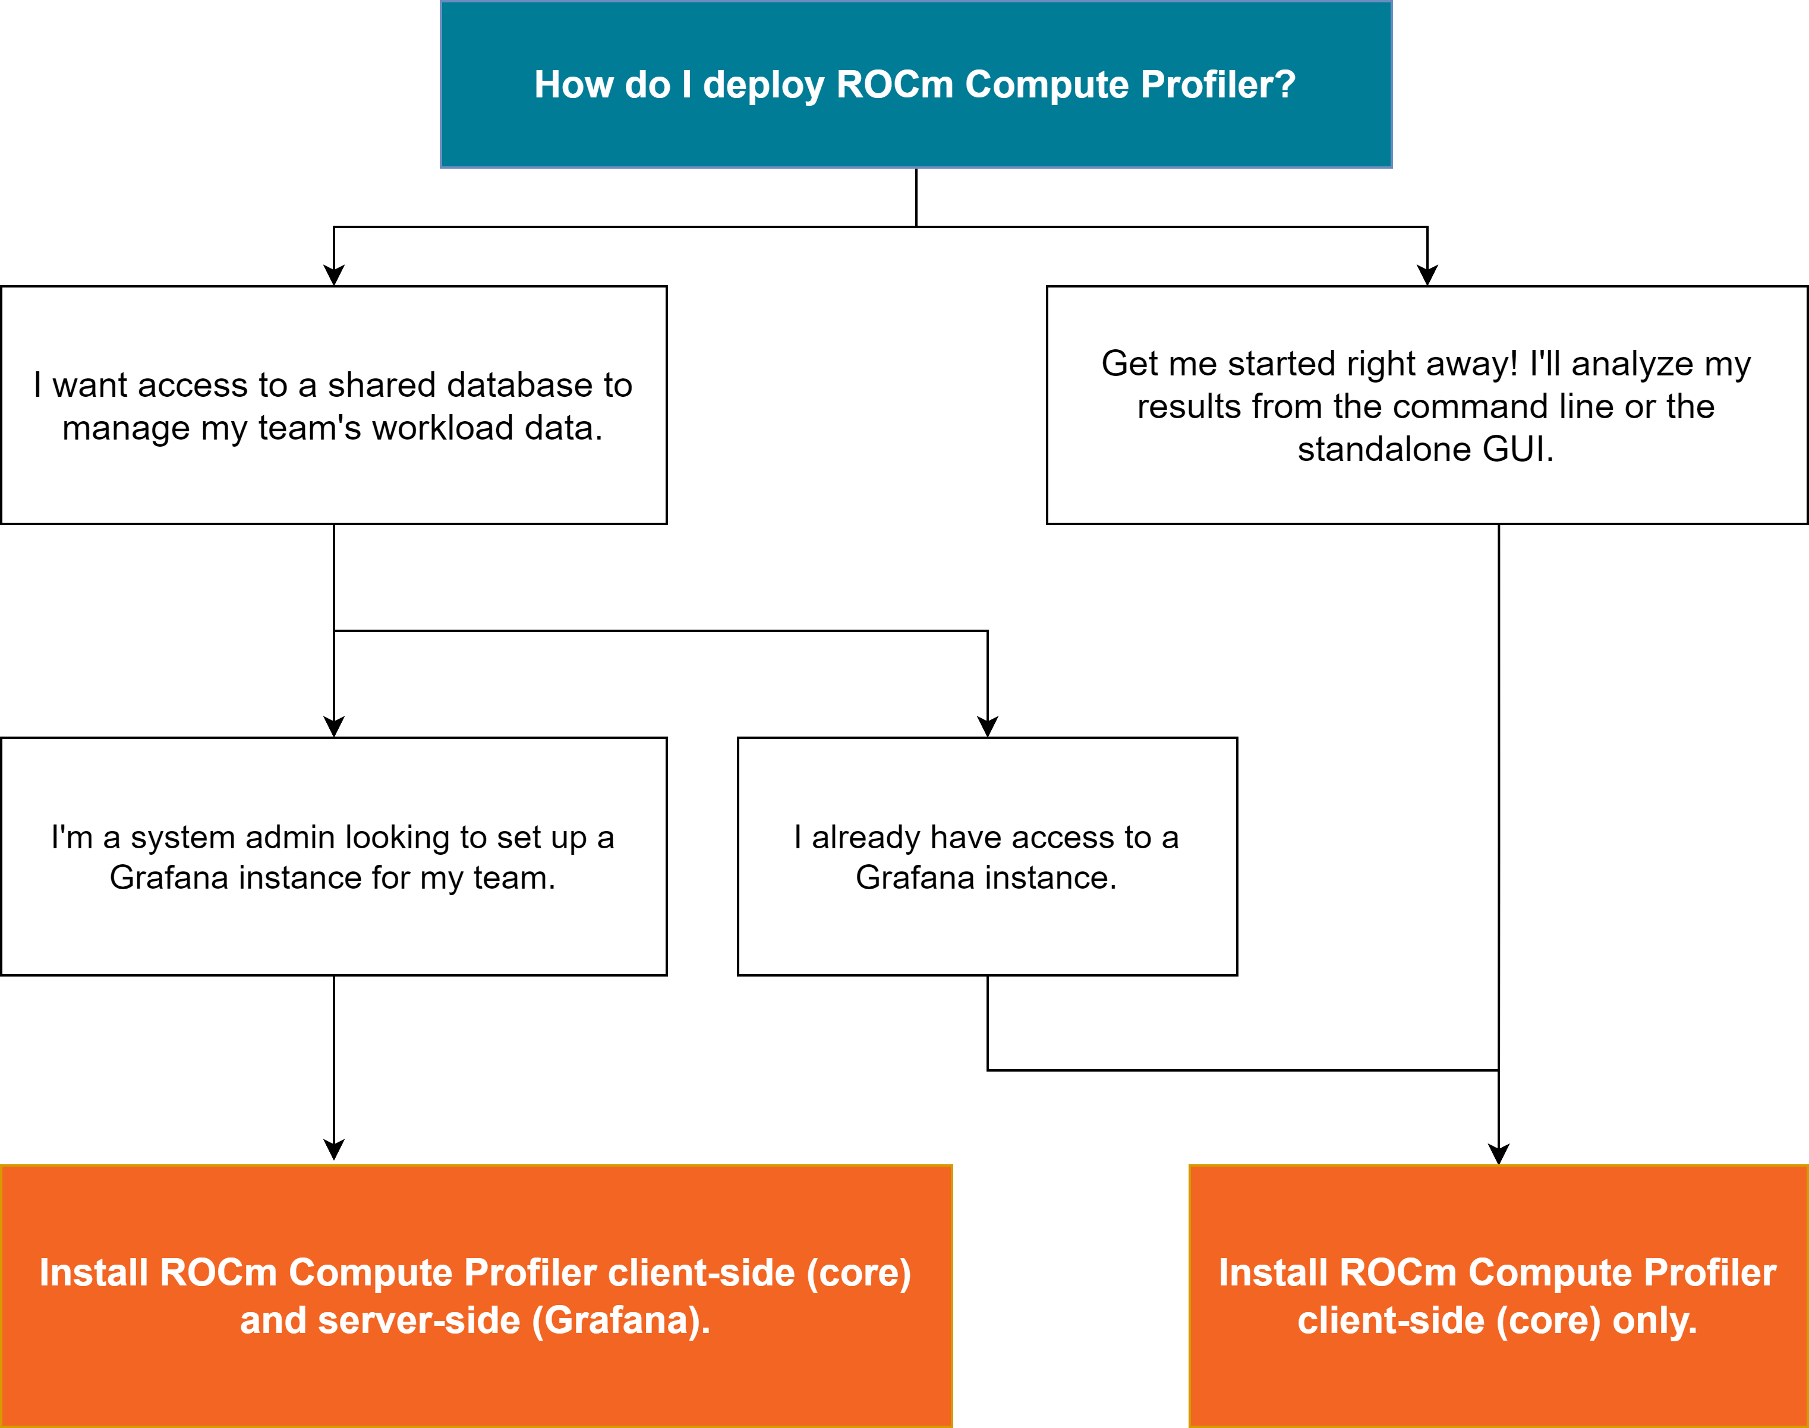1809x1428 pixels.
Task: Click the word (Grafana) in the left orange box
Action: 618,1321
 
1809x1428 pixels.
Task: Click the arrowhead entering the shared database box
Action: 334,276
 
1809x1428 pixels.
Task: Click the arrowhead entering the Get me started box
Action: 1427,276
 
